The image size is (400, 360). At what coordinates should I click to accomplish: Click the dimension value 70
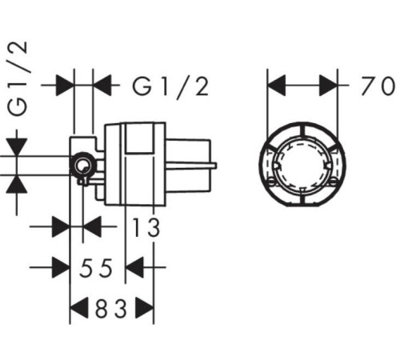click(x=378, y=86)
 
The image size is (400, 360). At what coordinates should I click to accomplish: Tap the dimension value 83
click(x=111, y=309)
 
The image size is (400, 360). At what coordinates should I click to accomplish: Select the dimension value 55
click(x=96, y=268)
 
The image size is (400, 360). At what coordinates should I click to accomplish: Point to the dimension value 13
click(x=146, y=227)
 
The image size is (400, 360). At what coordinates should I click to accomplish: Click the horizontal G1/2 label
click(x=170, y=86)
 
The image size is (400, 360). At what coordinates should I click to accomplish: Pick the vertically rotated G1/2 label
click(x=18, y=78)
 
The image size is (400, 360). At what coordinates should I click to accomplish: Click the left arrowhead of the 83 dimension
click(x=79, y=308)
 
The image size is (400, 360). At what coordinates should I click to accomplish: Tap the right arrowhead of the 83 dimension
click(x=145, y=308)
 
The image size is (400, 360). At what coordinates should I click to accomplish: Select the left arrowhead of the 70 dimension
click(x=276, y=86)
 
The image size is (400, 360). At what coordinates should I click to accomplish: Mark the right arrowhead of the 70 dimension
click(x=329, y=86)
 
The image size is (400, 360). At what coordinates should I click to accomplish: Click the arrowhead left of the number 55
click(x=61, y=267)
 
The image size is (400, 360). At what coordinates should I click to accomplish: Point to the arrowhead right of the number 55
click(x=134, y=267)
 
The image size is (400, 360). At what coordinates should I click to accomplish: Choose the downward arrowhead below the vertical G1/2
click(x=17, y=147)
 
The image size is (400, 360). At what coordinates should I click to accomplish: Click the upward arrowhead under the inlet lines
click(x=17, y=185)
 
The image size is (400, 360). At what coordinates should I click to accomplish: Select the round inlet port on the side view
click(x=82, y=166)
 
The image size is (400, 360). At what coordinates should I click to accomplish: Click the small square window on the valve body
click(x=140, y=138)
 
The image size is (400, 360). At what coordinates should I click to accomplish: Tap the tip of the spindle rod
click(x=215, y=166)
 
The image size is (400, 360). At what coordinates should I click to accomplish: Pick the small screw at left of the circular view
click(x=271, y=182)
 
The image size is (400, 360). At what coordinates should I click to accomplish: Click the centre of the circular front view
click(x=302, y=165)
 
